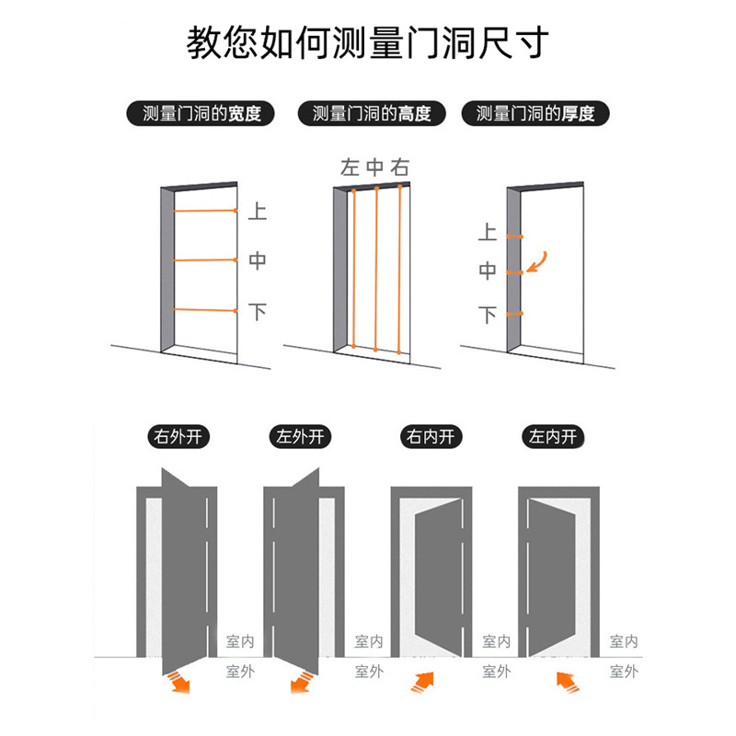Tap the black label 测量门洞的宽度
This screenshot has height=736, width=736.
coord(195,114)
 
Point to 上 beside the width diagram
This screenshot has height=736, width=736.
coord(258,212)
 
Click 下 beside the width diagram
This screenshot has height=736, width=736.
coord(258,312)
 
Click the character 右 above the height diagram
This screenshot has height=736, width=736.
coord(399,167)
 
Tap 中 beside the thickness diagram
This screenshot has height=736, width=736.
coord(488,271)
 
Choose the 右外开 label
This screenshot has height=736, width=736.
coord(179,436)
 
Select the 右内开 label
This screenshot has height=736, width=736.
coord(431,436)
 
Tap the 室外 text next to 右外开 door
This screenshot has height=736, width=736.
coord(239,672)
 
